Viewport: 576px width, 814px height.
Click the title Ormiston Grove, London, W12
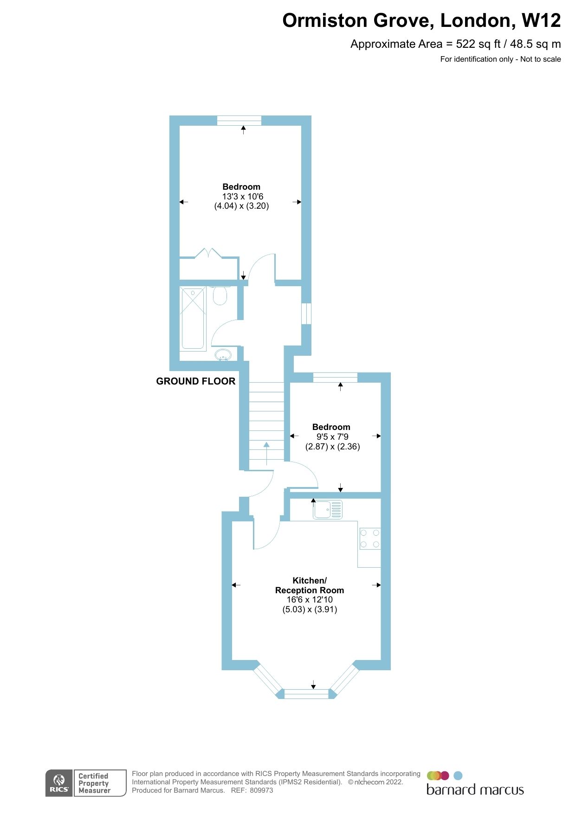tap(421, 21)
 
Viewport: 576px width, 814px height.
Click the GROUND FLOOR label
tap(195, 381)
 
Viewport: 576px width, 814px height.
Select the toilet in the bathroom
tap(220, 296)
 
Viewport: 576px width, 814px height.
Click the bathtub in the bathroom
tap(193, 318)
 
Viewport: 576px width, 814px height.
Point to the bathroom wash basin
tap(223, 355)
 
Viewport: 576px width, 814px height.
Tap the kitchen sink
tap(328, 509)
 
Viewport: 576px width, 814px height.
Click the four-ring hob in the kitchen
tap(370, 538)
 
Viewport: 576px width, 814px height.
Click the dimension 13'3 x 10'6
tap(242, 197)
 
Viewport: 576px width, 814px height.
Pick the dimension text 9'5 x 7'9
tap(332, 437)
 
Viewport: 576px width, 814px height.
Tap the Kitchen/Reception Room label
tap(310, 585)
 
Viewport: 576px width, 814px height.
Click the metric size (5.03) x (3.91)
tap(310, 609)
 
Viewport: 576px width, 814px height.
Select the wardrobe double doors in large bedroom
tap(209, 254)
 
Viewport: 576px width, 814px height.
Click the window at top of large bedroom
tap(239, 120)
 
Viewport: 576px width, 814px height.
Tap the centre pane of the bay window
tap(306, 694)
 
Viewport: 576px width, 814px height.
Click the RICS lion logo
tap(59, 783)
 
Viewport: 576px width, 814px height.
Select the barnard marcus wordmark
tap(475, 790)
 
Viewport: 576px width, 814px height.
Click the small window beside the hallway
tap(306, 314)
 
